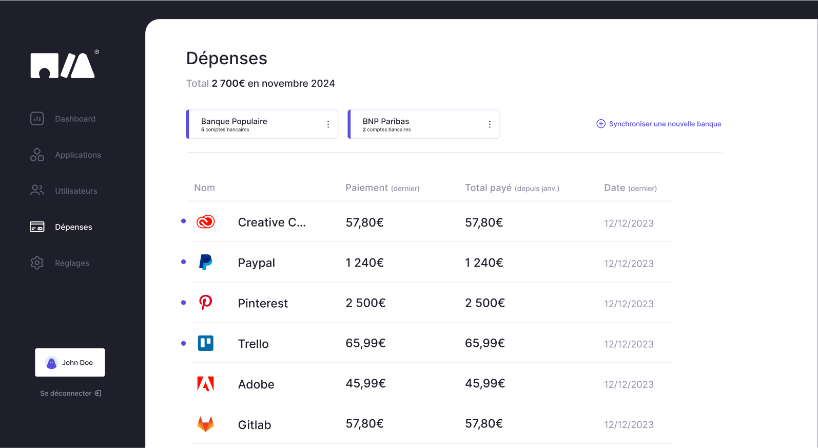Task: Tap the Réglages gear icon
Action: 37,263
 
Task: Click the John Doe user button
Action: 70,362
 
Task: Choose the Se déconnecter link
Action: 70,393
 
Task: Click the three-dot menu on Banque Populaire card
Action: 328,124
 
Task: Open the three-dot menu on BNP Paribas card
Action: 490,124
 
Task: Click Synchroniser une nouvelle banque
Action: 659,124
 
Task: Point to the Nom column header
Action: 204,188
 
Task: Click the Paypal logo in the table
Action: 205,262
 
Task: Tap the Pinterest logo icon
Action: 205,303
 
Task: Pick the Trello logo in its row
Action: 205,343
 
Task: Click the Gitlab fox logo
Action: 205,424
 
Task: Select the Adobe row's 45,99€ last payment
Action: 365,383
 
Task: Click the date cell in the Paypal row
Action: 629,264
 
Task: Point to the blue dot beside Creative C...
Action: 183,221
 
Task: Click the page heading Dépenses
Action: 226,58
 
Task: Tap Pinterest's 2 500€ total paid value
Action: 484,303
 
